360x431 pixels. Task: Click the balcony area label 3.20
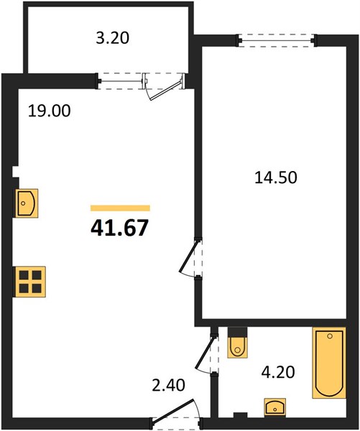tap(113, 38)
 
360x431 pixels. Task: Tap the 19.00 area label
tap(50, 111)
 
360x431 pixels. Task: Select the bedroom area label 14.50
tap(276, 177)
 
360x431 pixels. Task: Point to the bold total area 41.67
tap(119, 228)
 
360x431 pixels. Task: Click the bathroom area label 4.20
tap(278, 372)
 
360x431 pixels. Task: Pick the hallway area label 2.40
tap(168, 385)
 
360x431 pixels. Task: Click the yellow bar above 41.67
tap(120, 208)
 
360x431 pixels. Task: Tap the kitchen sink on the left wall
tap(27, 203)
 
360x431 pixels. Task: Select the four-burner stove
tap(30, 282)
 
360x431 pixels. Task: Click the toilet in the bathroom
tap(237, 343)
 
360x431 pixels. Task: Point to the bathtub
tap(329, 363)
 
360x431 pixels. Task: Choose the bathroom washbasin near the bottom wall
tap(274, 407)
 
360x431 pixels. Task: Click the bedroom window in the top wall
tap(277, 41)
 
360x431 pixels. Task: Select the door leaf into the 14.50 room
tap(188, 256)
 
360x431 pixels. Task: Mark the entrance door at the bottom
tap(173, 409)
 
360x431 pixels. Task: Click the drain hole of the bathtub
tap(330, 336)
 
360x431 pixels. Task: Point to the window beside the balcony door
tap(121, 81)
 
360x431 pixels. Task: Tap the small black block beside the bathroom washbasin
tap(241, 415)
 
